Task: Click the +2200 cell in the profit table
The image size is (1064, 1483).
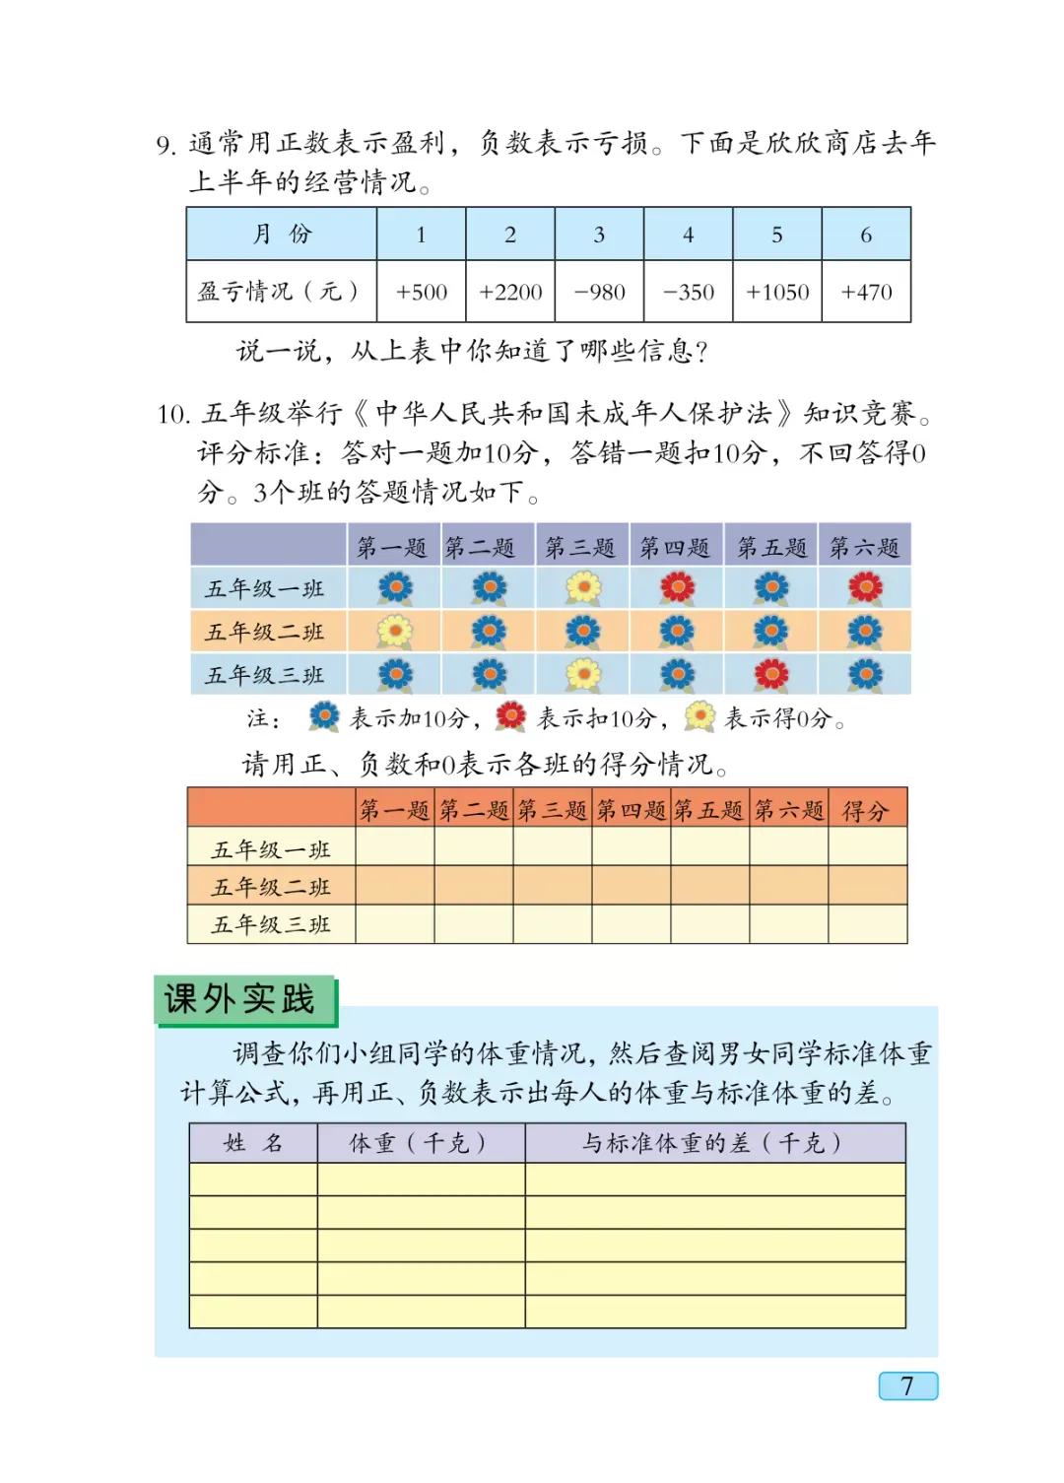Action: click(x=510, y=293)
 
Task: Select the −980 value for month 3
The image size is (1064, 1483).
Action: click(x=599, y=293)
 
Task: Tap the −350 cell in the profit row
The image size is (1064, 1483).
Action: click(x=688, y=293)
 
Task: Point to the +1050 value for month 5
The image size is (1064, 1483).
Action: click(x=777, y=293)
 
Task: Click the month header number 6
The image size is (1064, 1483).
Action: click(x=866, y=235)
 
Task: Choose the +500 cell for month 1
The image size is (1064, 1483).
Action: click(x=422, y=293)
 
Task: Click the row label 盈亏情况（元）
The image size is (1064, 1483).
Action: click(x=279, y=292)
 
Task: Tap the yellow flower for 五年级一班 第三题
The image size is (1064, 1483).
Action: click(x=583, y=588)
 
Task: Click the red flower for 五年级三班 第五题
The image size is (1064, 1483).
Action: click(x=771, y=675)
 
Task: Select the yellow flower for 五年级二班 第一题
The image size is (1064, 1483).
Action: click(x=395, y=632)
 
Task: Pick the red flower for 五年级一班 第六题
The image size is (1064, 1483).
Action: click(x=865, y=588)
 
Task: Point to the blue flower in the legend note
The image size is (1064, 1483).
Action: click(x=323, y=716)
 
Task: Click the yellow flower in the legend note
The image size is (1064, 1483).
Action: click(x=699, y=716)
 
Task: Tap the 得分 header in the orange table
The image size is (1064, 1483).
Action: click(x=866, y=811)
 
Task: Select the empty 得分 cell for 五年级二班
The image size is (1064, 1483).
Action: click(x=867, y=886)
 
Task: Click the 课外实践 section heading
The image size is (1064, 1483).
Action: click(x=240, y=999)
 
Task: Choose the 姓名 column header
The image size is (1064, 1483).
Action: click(x=253, y=1143)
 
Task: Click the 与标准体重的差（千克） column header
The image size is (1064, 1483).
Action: click(x=713, y=1143)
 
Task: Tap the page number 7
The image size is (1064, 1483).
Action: click(x=907, y=1385)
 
